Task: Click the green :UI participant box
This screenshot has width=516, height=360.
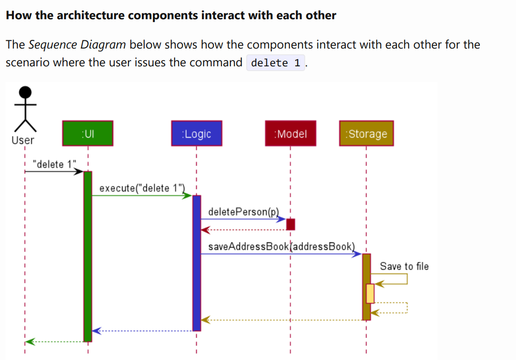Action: tap(88, 133)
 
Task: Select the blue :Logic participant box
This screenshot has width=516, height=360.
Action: tap(196, 133)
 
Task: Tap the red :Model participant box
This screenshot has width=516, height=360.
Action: tap(290, 133)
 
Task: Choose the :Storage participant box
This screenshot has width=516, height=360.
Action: tap(366, 133)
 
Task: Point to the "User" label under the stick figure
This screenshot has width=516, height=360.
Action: tap(23, 140)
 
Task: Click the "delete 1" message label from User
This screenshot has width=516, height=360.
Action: tap(54, 164)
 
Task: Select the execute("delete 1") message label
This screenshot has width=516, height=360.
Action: tap(142, 188)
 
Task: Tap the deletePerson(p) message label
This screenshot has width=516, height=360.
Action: tap(243, 212)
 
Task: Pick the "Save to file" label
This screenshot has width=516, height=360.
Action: tap(404, 266)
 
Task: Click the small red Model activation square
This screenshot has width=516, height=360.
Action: tap(290, 224)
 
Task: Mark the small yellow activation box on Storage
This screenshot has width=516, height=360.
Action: tap(370, 293)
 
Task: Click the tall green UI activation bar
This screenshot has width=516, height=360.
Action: tap(88, 255)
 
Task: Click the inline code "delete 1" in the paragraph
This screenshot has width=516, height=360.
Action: tap(276, 62)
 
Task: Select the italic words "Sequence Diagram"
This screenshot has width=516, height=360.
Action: tap(77, 45)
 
